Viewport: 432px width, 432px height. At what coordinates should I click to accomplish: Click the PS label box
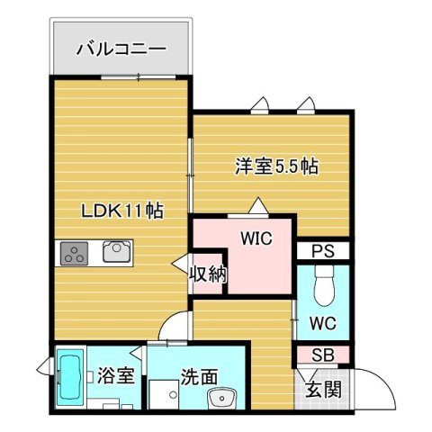pos(324,252)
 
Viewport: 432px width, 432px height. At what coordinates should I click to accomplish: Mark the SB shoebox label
pos(323,355)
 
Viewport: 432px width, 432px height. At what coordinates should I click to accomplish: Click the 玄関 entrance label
pos(321,390)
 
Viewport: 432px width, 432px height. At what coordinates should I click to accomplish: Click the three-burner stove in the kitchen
pos(74,253)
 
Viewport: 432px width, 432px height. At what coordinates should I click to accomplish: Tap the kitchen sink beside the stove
pos(116,252)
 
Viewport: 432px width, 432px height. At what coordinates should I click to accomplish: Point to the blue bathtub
pos(70,379)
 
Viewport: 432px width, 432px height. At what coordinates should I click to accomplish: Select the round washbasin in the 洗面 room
pos(220,398)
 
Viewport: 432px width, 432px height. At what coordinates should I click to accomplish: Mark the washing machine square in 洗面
pos(165,396)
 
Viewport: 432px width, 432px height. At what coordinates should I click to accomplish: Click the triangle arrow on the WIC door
pos(259,208)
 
